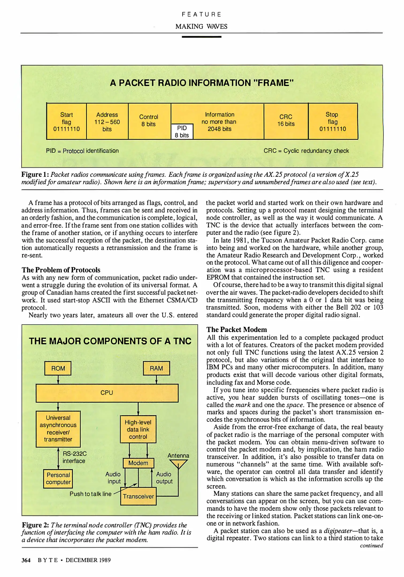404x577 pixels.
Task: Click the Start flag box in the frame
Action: [66, 122]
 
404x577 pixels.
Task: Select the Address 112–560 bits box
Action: [107, 122]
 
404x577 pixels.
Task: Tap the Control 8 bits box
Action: [149, 121]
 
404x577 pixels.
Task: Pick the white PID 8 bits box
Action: [182, 131]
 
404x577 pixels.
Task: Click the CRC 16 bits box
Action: [286, 121]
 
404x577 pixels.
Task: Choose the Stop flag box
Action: [333, 122]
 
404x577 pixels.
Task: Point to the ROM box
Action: [58, 368]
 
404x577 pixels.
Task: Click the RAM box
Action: [156, 368]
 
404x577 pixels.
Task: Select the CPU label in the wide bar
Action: [107, 393]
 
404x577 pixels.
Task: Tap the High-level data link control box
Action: [138, 429]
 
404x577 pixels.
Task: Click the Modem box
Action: [138, 463]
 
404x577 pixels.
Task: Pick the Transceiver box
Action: [138, 496]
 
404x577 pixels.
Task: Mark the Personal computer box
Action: [58, 478]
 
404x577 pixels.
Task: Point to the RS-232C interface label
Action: [74, 457]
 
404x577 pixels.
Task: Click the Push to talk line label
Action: [90, 494]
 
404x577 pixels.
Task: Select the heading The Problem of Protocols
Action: [61, 270]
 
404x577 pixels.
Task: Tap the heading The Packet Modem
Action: [237, 330]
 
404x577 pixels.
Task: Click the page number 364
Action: [26, 560]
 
